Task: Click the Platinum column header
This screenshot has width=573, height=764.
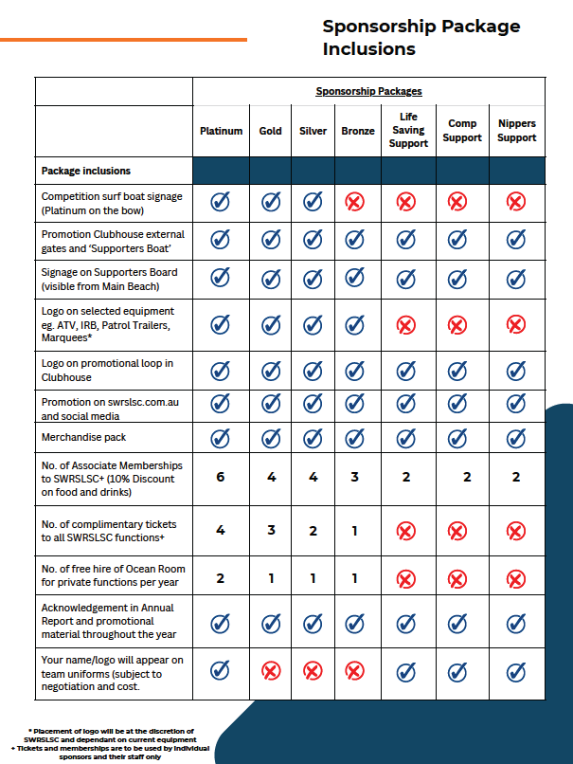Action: (x=221, y=132)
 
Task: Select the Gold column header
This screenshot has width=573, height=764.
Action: (x=270, y=132)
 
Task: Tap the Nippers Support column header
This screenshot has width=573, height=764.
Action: (x=516, y=131)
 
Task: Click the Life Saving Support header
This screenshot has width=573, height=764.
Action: (x=408, y=131)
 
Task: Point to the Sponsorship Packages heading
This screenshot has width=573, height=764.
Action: (x=368, y=92)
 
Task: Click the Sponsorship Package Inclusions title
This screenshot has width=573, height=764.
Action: (x=421, y=37)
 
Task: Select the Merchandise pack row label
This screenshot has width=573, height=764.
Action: (x=83, y=438)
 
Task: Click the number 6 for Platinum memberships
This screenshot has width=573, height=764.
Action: (x=221, y=477)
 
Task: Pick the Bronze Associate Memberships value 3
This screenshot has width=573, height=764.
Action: (x=354, y=477)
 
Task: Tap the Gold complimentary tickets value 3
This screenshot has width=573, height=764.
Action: (x=271, y=531)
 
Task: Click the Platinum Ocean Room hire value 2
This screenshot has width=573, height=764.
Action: (x=221, y=577)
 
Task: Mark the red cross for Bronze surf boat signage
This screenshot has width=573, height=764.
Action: (x=354, y=202)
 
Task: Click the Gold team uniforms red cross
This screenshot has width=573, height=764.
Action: (x=271, y=672)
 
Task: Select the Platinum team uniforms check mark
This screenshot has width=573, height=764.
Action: (x=221, y=672)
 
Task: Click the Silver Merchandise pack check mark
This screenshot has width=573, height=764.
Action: (x=313, y=438)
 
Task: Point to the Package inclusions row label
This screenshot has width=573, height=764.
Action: (x=86, y=172)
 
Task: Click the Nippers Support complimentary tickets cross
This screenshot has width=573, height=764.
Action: (x=516, y=531)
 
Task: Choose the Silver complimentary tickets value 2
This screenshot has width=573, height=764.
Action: (x=313, y=531)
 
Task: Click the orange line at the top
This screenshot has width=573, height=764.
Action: (x=123, y=40)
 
